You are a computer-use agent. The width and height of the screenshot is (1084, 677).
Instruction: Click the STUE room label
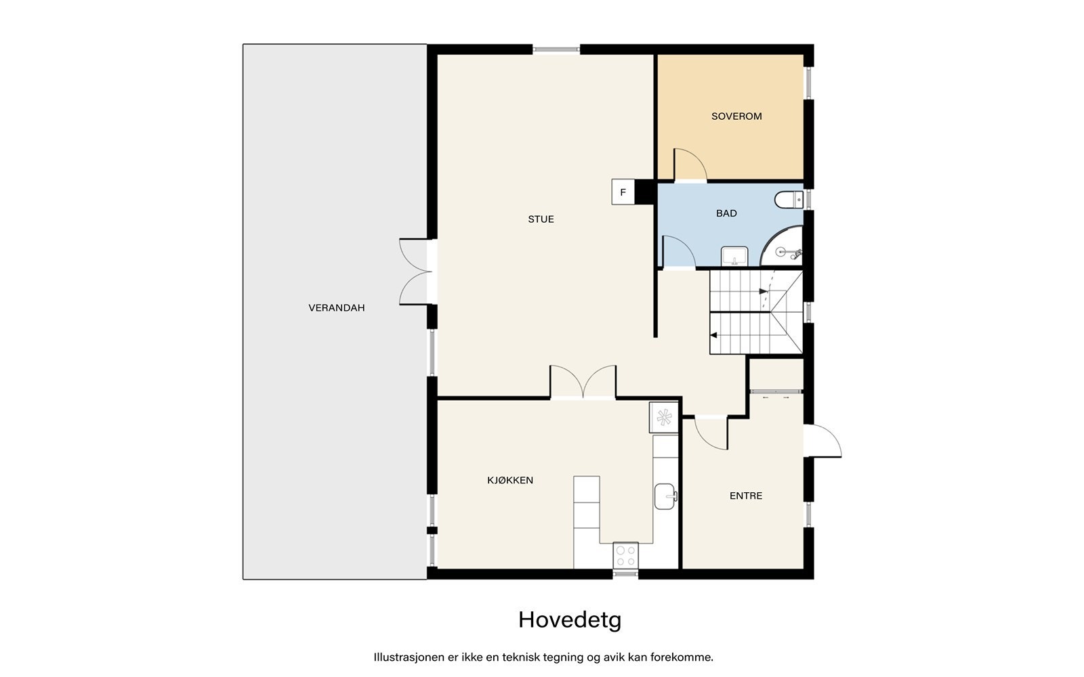[x=541, y=219]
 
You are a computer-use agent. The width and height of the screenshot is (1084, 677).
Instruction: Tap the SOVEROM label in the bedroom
[x=736, y=116]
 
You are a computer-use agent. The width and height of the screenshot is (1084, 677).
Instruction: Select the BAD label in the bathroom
[x=726, y=213]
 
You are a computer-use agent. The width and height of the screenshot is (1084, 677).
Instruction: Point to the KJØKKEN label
[x=510, y=481]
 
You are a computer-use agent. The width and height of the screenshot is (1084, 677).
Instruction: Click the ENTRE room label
[x=746, y=496]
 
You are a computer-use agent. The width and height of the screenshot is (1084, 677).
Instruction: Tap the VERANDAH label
[x=337, y=308]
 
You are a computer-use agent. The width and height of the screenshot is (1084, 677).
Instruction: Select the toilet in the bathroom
[x=789, y=200]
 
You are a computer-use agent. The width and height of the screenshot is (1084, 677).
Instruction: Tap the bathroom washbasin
[x=734, y=257]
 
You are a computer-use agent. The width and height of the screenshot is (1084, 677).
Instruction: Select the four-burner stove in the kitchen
[x=625, y=556]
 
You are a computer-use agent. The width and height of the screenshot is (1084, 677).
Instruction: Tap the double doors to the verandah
[x=415, y=271]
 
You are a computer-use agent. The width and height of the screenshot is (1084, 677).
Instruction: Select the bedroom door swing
[x=689, y=166]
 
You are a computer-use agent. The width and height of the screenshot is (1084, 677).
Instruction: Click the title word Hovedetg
[x=570, y=619]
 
